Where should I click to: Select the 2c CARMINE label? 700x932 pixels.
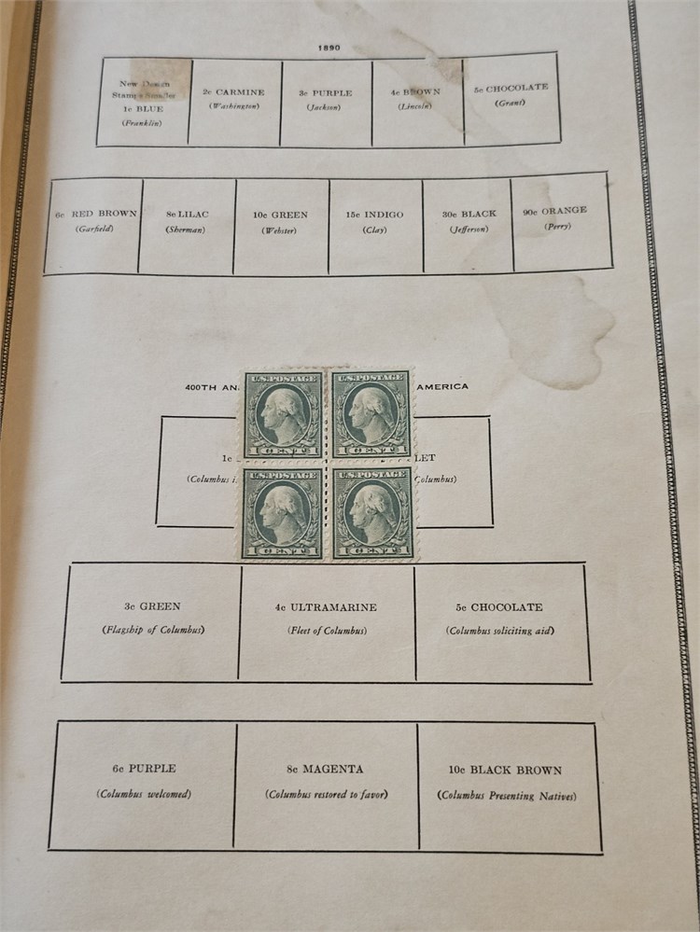[x=233, y=92]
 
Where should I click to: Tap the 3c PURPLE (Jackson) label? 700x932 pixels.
[x=325, y=93]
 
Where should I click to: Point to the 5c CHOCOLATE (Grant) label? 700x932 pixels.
[x=511, y=89]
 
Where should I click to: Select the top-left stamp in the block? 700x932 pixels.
[x=282, y=414]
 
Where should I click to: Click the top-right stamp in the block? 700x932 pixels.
[x=371, y=414]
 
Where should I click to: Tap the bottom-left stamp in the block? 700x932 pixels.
[x=282, y=513]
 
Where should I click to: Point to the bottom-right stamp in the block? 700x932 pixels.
[x=372, y=513]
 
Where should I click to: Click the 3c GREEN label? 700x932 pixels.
[x=153, y=606]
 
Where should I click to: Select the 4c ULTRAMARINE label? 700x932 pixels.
[x=326, y=608]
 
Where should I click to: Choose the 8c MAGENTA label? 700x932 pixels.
[x=326, y=770]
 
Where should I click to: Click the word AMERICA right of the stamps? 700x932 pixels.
[x=441, y=387]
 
